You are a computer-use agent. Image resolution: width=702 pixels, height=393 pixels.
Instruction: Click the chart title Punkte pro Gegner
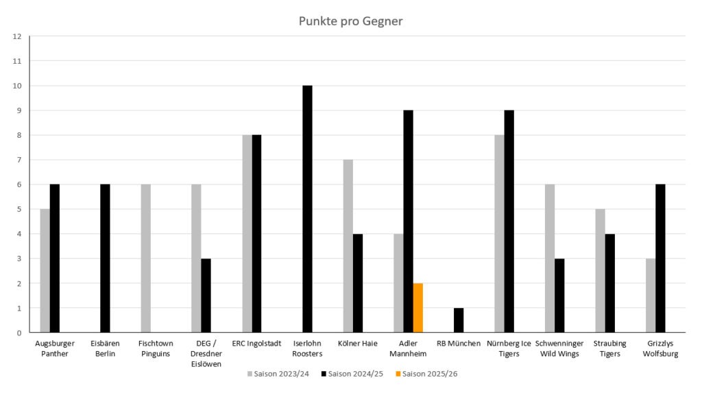click(350, 21)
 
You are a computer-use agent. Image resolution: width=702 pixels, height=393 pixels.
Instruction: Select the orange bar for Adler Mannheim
click(418, 307)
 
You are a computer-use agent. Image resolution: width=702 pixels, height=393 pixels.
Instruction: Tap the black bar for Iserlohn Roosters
click(307, 209)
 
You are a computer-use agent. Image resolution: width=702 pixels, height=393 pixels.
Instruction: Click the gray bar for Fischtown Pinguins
click(146, 259)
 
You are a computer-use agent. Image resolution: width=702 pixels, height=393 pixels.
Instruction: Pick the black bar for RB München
click(459, 320)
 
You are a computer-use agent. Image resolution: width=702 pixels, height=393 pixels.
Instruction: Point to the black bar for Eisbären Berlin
click(105, 259)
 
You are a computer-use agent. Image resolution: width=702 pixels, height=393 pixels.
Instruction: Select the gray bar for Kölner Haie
click(348, 246)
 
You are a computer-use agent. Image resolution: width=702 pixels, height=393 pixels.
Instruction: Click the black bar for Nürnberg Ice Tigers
click(509, 222)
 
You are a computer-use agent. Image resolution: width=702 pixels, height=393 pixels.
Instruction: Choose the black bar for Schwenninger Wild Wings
click(559, 296)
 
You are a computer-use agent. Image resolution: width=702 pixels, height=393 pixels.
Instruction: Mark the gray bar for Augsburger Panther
click(45, 271)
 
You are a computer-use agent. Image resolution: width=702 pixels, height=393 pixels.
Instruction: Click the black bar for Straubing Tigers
click(610, 283)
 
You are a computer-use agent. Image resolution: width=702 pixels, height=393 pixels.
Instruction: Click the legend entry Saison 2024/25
click(356, 374)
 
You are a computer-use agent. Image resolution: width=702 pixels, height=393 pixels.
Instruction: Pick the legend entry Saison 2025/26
click(430, 374)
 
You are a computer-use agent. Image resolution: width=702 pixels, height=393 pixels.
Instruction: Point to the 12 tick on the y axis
click(17, 36)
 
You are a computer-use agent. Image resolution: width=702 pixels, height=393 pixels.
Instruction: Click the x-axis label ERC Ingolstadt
click(256, 344)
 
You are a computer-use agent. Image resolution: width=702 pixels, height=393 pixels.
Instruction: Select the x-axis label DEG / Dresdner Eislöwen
click(206, 354)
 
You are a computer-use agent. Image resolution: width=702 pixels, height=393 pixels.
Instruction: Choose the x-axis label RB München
click(459, 344)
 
